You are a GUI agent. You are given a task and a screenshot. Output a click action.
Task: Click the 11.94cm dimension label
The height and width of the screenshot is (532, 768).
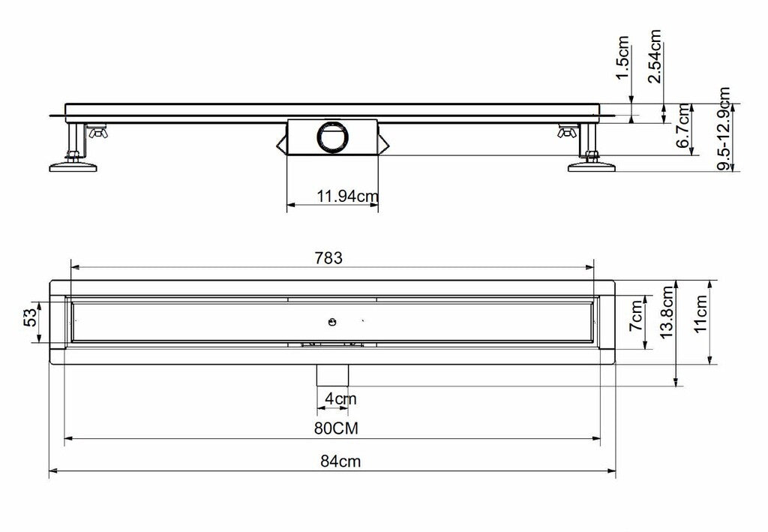click(x=347, y=197)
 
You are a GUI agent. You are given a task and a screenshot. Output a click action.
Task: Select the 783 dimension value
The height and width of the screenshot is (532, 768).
click(x=328, y=258)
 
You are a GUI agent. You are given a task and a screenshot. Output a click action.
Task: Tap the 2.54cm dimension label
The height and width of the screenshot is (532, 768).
click(x=655, y=57)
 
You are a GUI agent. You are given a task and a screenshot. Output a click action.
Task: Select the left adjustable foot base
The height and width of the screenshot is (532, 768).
click(x=73, y=167)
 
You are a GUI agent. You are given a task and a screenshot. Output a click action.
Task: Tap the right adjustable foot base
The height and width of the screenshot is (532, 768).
click(x=592, y=167)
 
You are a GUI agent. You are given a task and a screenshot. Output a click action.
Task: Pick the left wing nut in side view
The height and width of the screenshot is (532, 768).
click(x=97, y=134)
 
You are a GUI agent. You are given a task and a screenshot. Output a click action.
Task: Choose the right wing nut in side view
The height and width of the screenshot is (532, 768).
click(x=567, y=134)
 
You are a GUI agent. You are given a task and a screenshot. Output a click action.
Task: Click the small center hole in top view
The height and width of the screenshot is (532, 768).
click(x=331, y=322)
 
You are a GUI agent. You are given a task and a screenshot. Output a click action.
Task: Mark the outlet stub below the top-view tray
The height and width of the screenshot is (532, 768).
click(x=331, y=372)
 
